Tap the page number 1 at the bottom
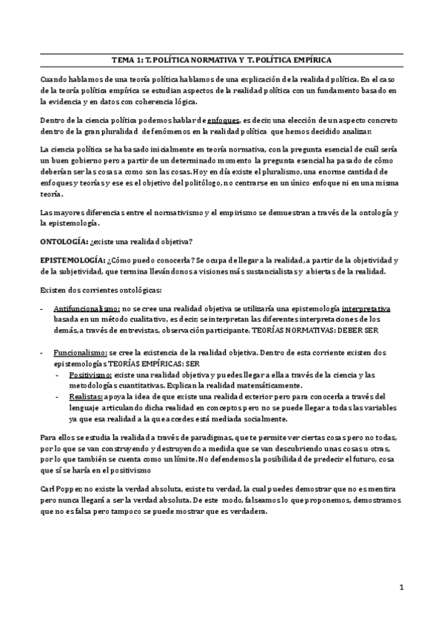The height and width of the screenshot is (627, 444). (400, 587)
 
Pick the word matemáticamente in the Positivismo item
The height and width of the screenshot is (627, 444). (263, 387)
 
